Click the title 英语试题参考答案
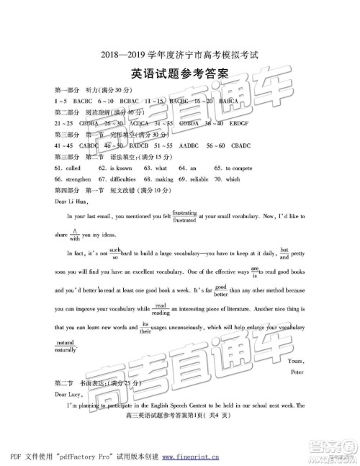tap(179, 73)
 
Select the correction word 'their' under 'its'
tap(144, 331)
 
